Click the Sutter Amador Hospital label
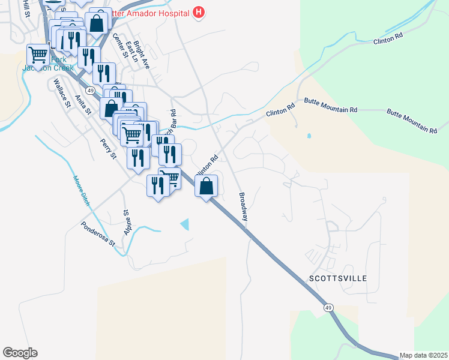pyautogui.click(x=150, y=12)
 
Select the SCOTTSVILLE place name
pyautogui.click(x=337, y=278)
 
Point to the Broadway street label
pyautogui.click(x=243, y=206)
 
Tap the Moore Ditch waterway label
pyautogui.click(x=81, y=190)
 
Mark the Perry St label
pyautogui.click(x=108, y=147)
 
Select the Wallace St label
pyautogui.click(x=62, y=92)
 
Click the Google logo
pyautogui.click(x=20, y=353)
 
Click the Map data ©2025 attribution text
pyautogui.click(x=423, y=355)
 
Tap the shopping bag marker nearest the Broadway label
pyautogui.click(x=206, y=186)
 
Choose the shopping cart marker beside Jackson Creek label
pyautogui.click(x=38, y=55)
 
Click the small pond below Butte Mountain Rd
pyautogui.click(x=309, y=136)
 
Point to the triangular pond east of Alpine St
pyautogui.click(x=185, y=224)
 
